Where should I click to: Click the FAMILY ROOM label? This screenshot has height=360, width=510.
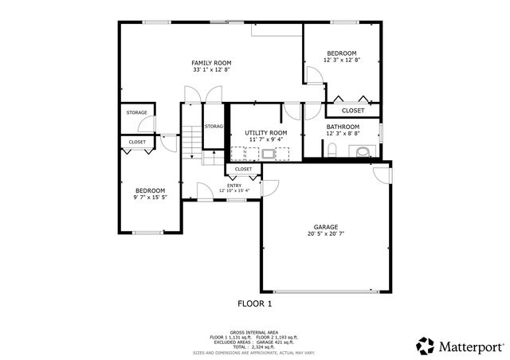211,63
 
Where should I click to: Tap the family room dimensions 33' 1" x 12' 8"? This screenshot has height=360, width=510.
211,70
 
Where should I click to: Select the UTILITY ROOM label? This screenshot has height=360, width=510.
265,132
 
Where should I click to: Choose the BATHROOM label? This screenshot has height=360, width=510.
343,127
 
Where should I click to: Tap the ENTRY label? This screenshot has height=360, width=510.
234,186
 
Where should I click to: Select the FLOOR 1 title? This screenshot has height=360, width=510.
254,303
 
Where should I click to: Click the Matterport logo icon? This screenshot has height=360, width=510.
425,346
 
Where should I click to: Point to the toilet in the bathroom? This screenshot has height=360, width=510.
363,151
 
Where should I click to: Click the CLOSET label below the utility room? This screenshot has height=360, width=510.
243,169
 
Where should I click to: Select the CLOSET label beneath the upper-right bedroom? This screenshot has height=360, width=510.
353,111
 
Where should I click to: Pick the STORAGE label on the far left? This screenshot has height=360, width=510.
136,113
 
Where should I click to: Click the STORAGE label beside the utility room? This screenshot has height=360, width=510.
213,127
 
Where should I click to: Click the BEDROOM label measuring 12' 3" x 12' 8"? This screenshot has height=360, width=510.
342,53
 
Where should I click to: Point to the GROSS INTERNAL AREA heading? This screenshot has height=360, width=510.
254,332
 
